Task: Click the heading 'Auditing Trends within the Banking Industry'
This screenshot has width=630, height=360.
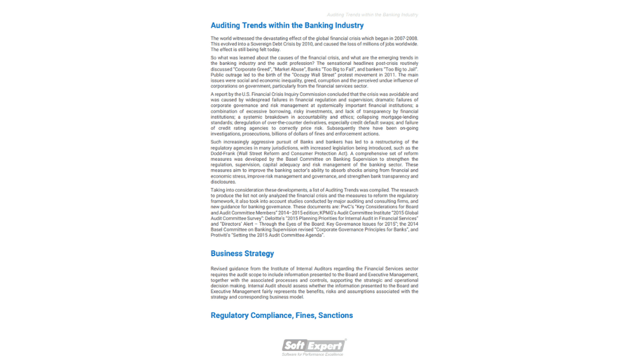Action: [287, 26]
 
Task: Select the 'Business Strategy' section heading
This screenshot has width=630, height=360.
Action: [242, 254]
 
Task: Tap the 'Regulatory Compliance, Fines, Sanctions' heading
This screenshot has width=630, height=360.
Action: [281, 316]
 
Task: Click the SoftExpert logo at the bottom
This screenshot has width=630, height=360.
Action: [314, 345]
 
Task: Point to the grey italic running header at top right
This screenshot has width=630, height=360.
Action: [372, 14]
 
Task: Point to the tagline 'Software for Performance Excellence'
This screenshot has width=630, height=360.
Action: [313, 355]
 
